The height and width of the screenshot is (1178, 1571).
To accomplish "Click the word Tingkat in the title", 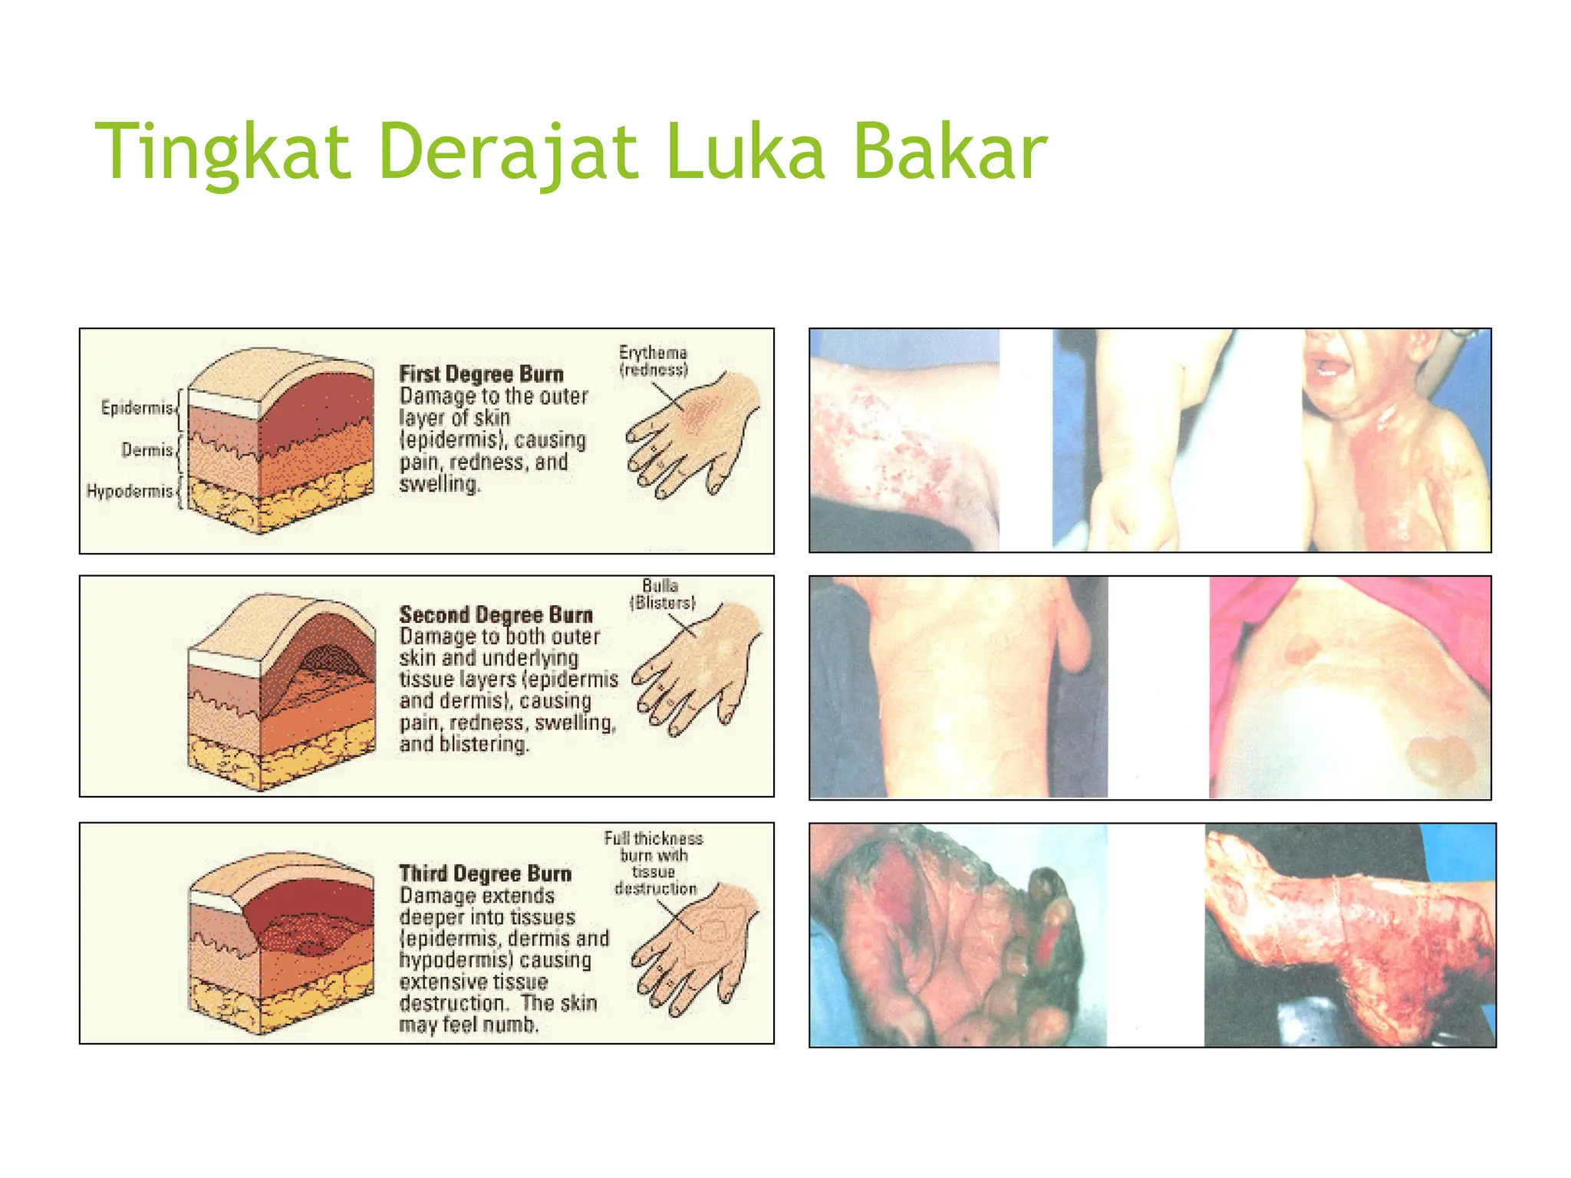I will [222, 152].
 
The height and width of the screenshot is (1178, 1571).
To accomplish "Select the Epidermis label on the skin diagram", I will [137, 407].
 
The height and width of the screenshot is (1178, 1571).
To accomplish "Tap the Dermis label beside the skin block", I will [147, 449].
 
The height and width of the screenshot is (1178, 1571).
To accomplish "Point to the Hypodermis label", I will [130, 491].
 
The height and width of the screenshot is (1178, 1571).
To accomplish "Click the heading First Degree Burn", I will [481, 374].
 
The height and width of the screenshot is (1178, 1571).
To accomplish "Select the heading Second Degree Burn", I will [496, 615].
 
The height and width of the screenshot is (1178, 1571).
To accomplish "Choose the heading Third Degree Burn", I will [485, 874].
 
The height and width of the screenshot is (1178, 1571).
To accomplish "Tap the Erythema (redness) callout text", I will [653, 360].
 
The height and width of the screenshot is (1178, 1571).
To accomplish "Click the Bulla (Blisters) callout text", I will [661, 594].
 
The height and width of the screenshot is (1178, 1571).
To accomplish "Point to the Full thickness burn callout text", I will [654, 863].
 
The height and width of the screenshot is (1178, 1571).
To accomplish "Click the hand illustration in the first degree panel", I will [690, 433].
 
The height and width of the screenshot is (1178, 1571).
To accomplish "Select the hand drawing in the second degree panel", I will [694, 667].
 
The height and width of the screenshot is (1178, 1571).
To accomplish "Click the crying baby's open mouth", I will [1328, 370].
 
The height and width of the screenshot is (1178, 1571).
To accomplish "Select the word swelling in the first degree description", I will [439, 484].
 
